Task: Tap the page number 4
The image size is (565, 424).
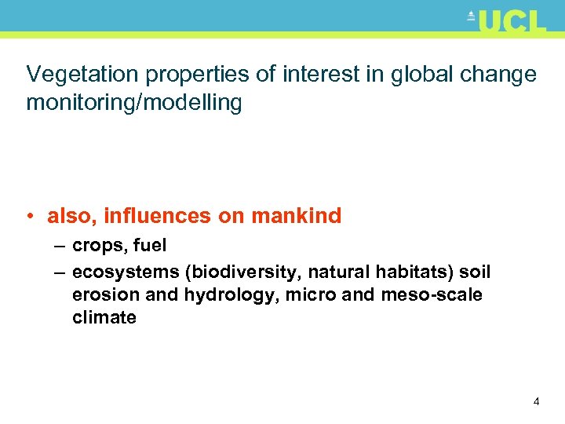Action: point(536,402)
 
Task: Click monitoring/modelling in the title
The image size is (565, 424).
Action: point(134,103)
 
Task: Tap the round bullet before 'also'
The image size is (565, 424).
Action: point(31,216)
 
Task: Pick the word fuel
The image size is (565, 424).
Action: point(150,245)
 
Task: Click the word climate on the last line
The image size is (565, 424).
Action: point(104,317)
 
